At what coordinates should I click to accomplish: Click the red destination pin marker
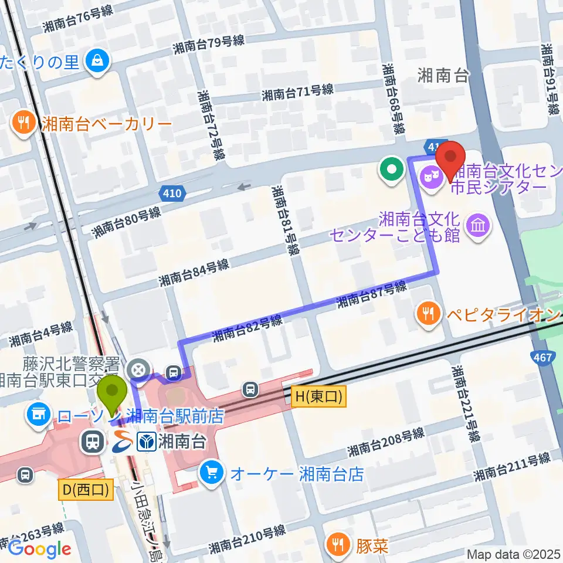click(451, 159)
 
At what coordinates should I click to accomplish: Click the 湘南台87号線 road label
click(371, 296)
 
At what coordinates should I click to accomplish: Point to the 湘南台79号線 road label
click(209, 44)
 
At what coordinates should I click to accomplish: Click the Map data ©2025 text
click(514, 554)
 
